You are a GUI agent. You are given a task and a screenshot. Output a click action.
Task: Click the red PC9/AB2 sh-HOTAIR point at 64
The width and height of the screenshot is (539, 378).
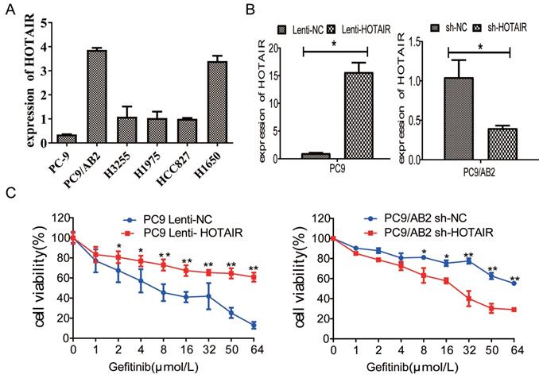pyautogui.click(x=515, y=309)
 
